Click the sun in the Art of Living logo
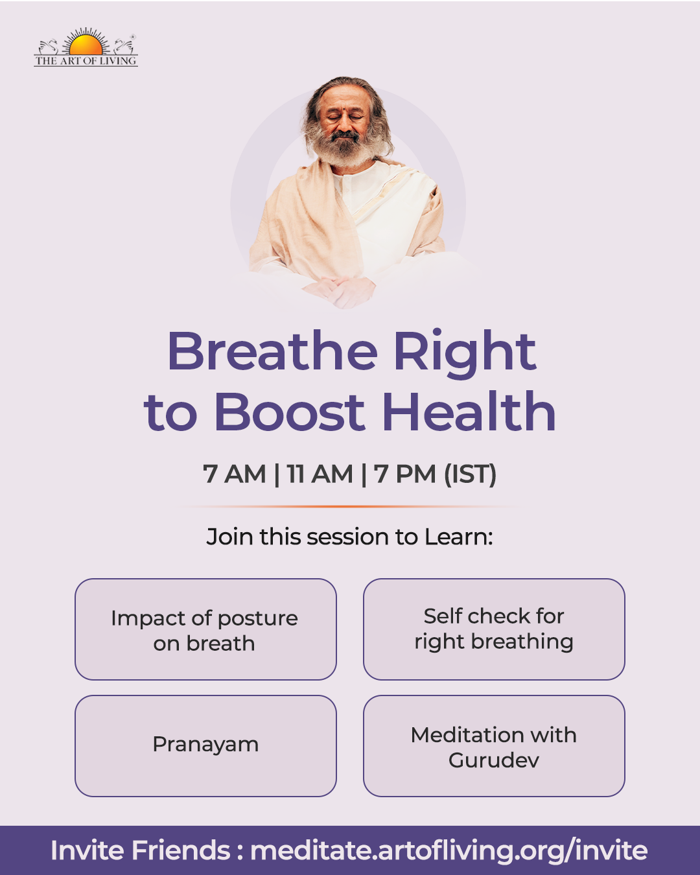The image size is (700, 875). pos(86,44)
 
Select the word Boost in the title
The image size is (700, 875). pos(290,411)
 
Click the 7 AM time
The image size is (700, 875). pos(234,474)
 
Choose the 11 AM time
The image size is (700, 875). pos(320,474)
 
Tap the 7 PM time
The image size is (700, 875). pos(404,474)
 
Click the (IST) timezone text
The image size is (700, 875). pos(470,474)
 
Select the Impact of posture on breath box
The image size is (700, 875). pos(205,629)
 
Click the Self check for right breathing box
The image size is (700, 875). pos(494,629)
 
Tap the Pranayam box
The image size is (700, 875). pos(205,746)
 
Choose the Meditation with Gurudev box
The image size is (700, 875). pos(494,746)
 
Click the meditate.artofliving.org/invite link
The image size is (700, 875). pos(449,850)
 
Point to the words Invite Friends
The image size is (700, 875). pos(141,850)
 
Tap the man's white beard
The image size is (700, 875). pos(345,148)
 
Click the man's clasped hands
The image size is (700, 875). pos(340,290)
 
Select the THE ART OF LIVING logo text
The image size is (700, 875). pos(86,61)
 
